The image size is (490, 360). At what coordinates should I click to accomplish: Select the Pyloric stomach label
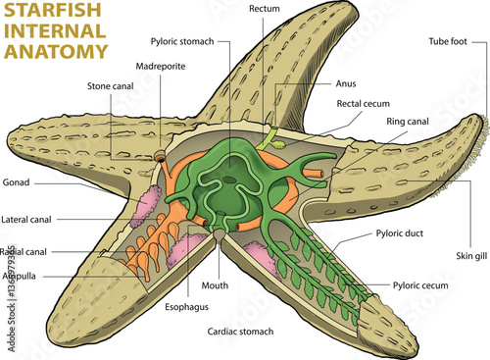click(x=185, y=41)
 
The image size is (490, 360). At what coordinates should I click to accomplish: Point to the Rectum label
click(x=265, y=9)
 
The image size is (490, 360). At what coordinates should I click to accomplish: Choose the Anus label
click(x=345, y=83)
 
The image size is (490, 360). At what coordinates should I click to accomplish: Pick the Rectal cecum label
click(x=366, y=103)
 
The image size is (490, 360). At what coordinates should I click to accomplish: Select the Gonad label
click(x=18, y=182)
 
